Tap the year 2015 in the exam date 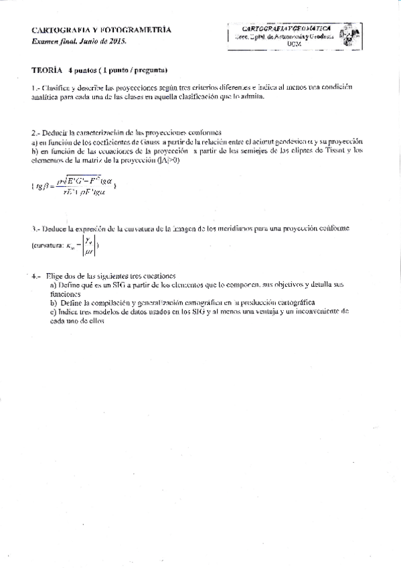[x=117, y=41]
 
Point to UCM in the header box [x=294, y=44]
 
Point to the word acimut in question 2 [x=268, y=141]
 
